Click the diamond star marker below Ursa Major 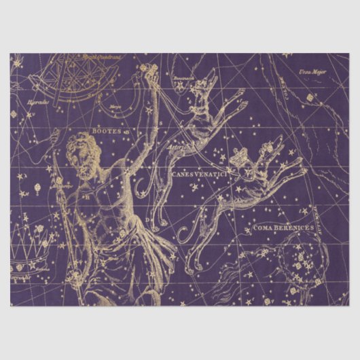point(310,97)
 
